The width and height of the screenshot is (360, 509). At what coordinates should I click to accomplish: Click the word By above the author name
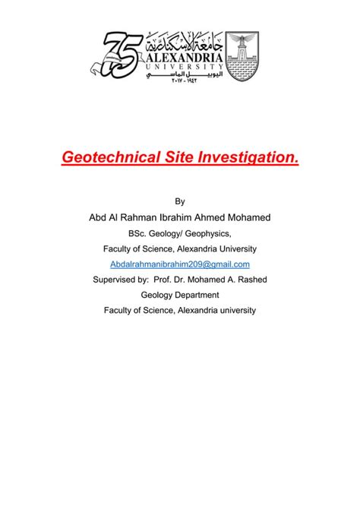tap(180, 201)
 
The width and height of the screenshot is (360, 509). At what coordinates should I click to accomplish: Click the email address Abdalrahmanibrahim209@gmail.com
tap(180, 264)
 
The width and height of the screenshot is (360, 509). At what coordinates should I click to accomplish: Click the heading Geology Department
tap(180, 294)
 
